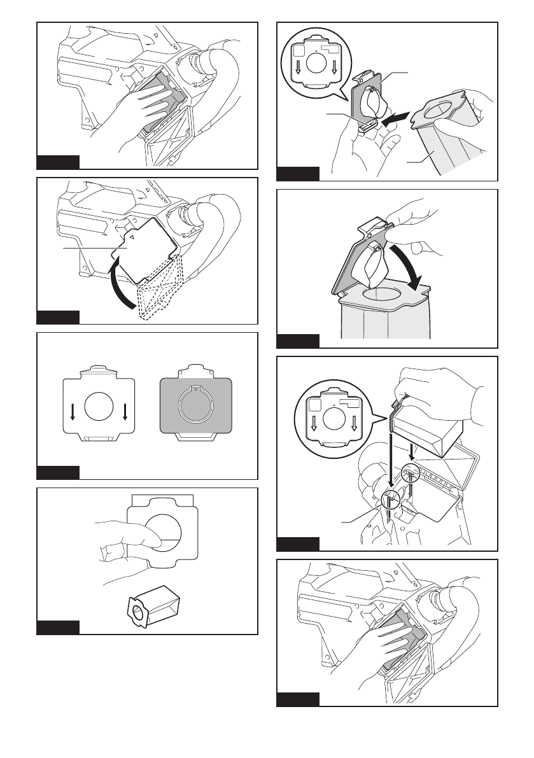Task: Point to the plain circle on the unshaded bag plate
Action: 100,408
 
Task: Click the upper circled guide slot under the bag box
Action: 411,474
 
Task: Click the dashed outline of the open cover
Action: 159,292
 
